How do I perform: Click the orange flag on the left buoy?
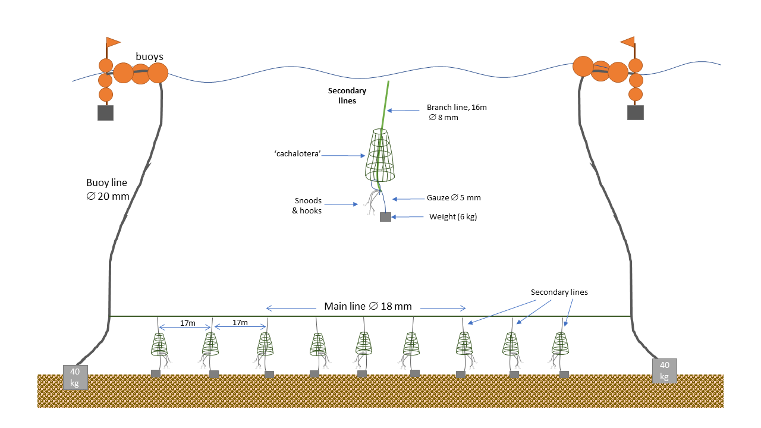tap(113, 42)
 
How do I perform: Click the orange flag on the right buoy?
tap(627, 42)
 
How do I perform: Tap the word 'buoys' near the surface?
tap(149, 56)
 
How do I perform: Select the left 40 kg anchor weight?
tap(76, 377)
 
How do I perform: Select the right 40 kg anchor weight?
tap(664, 371)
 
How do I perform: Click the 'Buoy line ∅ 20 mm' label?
tap(108, 190)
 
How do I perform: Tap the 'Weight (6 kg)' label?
tap(453, 217)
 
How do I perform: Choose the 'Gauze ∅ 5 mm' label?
tap(454, 197)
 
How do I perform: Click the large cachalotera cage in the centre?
tap(380, 156)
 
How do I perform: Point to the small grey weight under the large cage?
tap(385, 217)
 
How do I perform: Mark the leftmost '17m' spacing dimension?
tap(187, 323)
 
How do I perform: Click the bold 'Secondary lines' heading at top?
tap(347, 96)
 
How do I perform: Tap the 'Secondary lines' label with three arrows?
tap(559, 292)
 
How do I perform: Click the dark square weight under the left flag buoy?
tap(105, 113)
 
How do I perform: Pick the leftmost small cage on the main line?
tap(159, 344)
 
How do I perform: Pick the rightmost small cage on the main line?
tap(560, 344)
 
